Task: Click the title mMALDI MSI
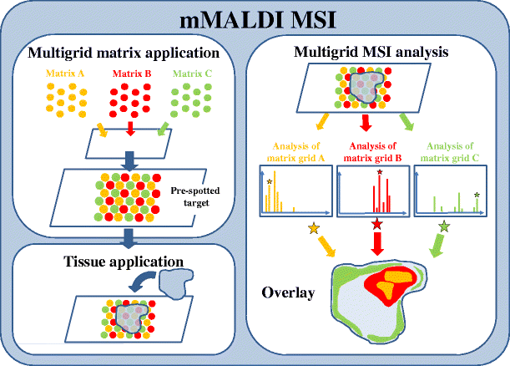click(255, 18)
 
